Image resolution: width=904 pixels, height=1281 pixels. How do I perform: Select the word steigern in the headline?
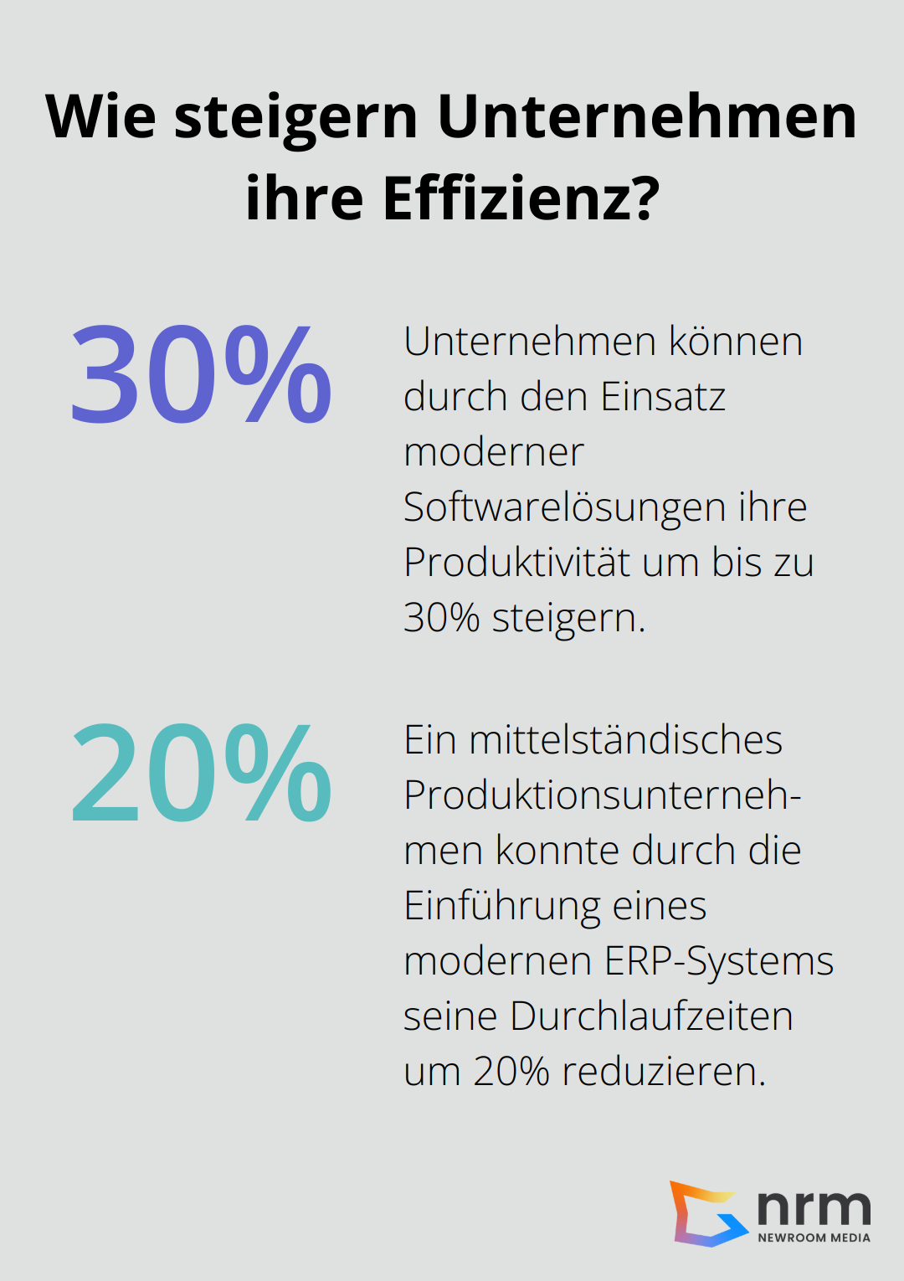(295, 117)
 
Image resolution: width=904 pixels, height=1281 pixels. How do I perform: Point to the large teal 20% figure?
(201, 772)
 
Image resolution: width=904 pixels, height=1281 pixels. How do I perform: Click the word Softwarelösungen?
(564, 507)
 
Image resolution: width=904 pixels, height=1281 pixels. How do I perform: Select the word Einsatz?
(663, 397)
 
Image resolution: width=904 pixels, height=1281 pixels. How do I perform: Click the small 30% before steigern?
(441, 618)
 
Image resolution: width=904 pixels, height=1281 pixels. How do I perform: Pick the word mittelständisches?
(625, 740)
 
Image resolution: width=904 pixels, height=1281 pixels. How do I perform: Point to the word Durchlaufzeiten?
(651, 1016)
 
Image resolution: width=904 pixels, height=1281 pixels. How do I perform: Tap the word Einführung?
(501, 906)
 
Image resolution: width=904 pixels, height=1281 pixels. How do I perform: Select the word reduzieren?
(664, 1072)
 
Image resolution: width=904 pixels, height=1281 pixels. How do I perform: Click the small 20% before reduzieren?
(511, 1072)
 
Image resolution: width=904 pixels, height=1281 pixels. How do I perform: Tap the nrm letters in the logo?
(814, 1206)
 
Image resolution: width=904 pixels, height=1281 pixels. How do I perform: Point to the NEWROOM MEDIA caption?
(814, 1237)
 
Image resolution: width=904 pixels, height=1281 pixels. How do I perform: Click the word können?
(737, 342)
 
